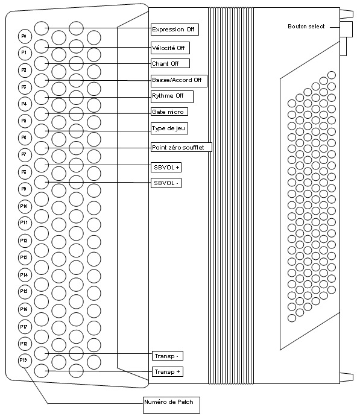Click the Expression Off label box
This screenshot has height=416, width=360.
point(175,29)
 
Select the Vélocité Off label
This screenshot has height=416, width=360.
point(170,48)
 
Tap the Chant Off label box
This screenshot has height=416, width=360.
point(170,63)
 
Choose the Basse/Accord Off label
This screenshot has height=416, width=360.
point(179,81)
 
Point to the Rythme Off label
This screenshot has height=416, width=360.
point(172,96)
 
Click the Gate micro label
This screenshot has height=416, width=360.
point(169,112)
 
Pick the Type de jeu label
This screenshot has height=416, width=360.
point(169,128)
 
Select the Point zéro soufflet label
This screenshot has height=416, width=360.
point(182,147)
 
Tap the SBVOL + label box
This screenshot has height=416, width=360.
point(166,168)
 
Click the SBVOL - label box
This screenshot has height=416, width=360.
point(166,183)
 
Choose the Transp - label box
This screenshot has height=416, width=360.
point(168,356)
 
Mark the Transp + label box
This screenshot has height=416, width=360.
point(168,372)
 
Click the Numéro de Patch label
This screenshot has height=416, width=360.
point(171,405)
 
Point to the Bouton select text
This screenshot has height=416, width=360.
point(306,27)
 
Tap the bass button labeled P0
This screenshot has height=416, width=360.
point(25,36)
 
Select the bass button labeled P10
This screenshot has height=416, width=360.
point(25,206)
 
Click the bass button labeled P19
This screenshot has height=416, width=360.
point(25,361)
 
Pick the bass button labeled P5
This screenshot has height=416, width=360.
point(25,121)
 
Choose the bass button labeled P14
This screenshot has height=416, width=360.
point(25,275)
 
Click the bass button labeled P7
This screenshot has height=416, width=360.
point(25,155)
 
